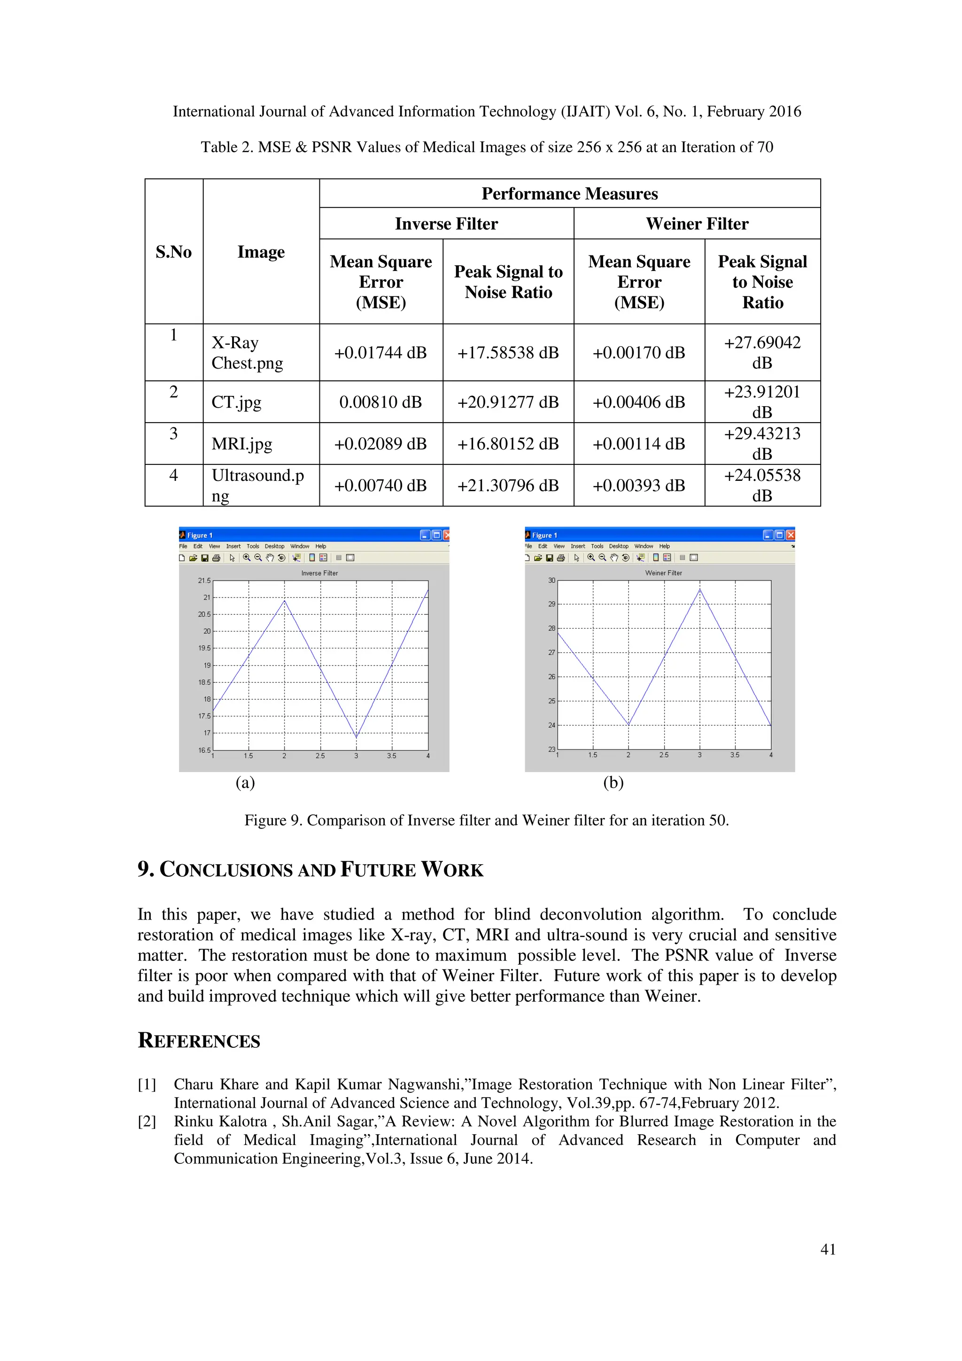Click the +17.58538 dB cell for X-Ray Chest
pyautogui.click(x=508, y=353)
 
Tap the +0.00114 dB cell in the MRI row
pyautogui.click(x=638, y=444)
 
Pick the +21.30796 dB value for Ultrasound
pyautogui.click(x=508, y=486)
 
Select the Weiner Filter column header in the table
pyautogui.click(x=697, y=224)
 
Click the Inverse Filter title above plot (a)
pyautogui.click(x=319, y=573)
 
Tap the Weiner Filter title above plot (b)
pyautogui.click(x=663, y=573)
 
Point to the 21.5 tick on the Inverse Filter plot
pyautogui.click(x=204, y=581)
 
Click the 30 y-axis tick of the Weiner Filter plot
pyautogui.click(x=551, y=580)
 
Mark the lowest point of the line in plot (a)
pyautogui.click(x=356, y=738)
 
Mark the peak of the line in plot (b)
pyautogui.click(x=699, y=589)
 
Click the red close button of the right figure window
pyautogui.click(x=790, y=535)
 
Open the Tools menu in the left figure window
pyautogui.click(x=253, y=547)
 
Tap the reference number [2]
pyautogui.click(x=147, y=1121)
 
